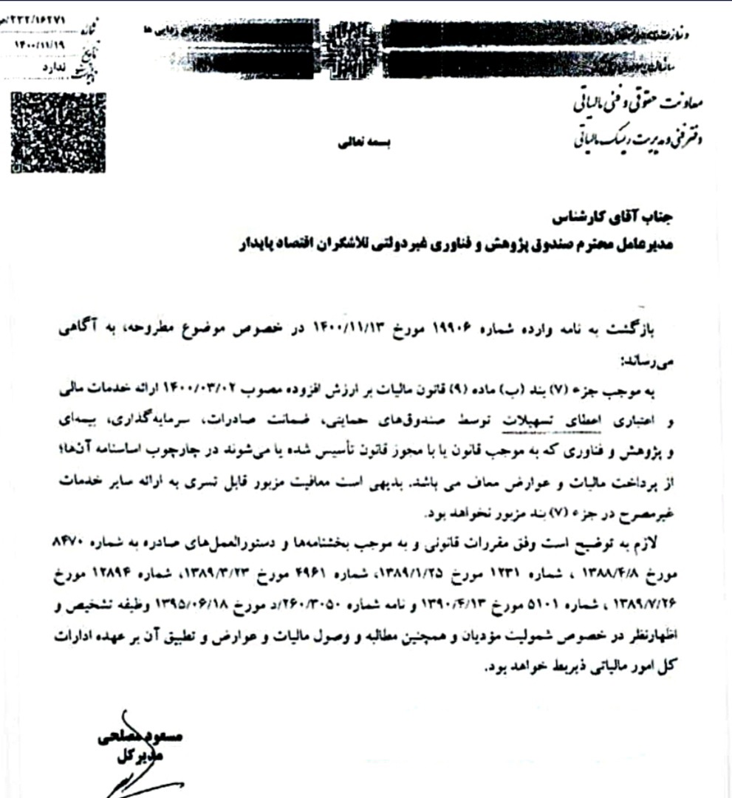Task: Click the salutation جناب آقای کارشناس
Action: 632,219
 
